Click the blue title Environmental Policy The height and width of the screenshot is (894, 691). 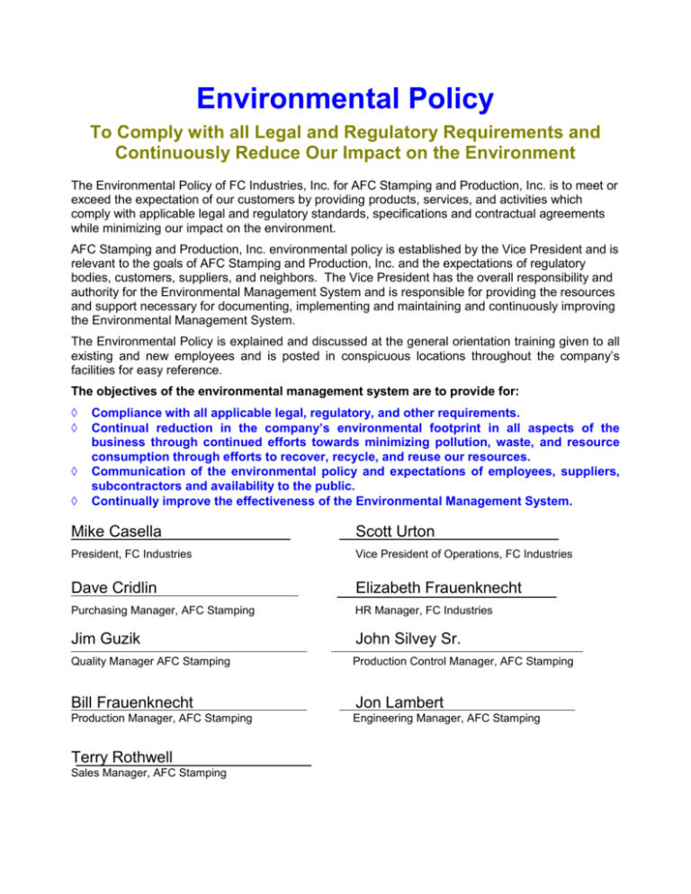coord(346,95)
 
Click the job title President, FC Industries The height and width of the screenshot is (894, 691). coord(130,554)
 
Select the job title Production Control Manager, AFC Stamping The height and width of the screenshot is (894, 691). coord(462,661)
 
